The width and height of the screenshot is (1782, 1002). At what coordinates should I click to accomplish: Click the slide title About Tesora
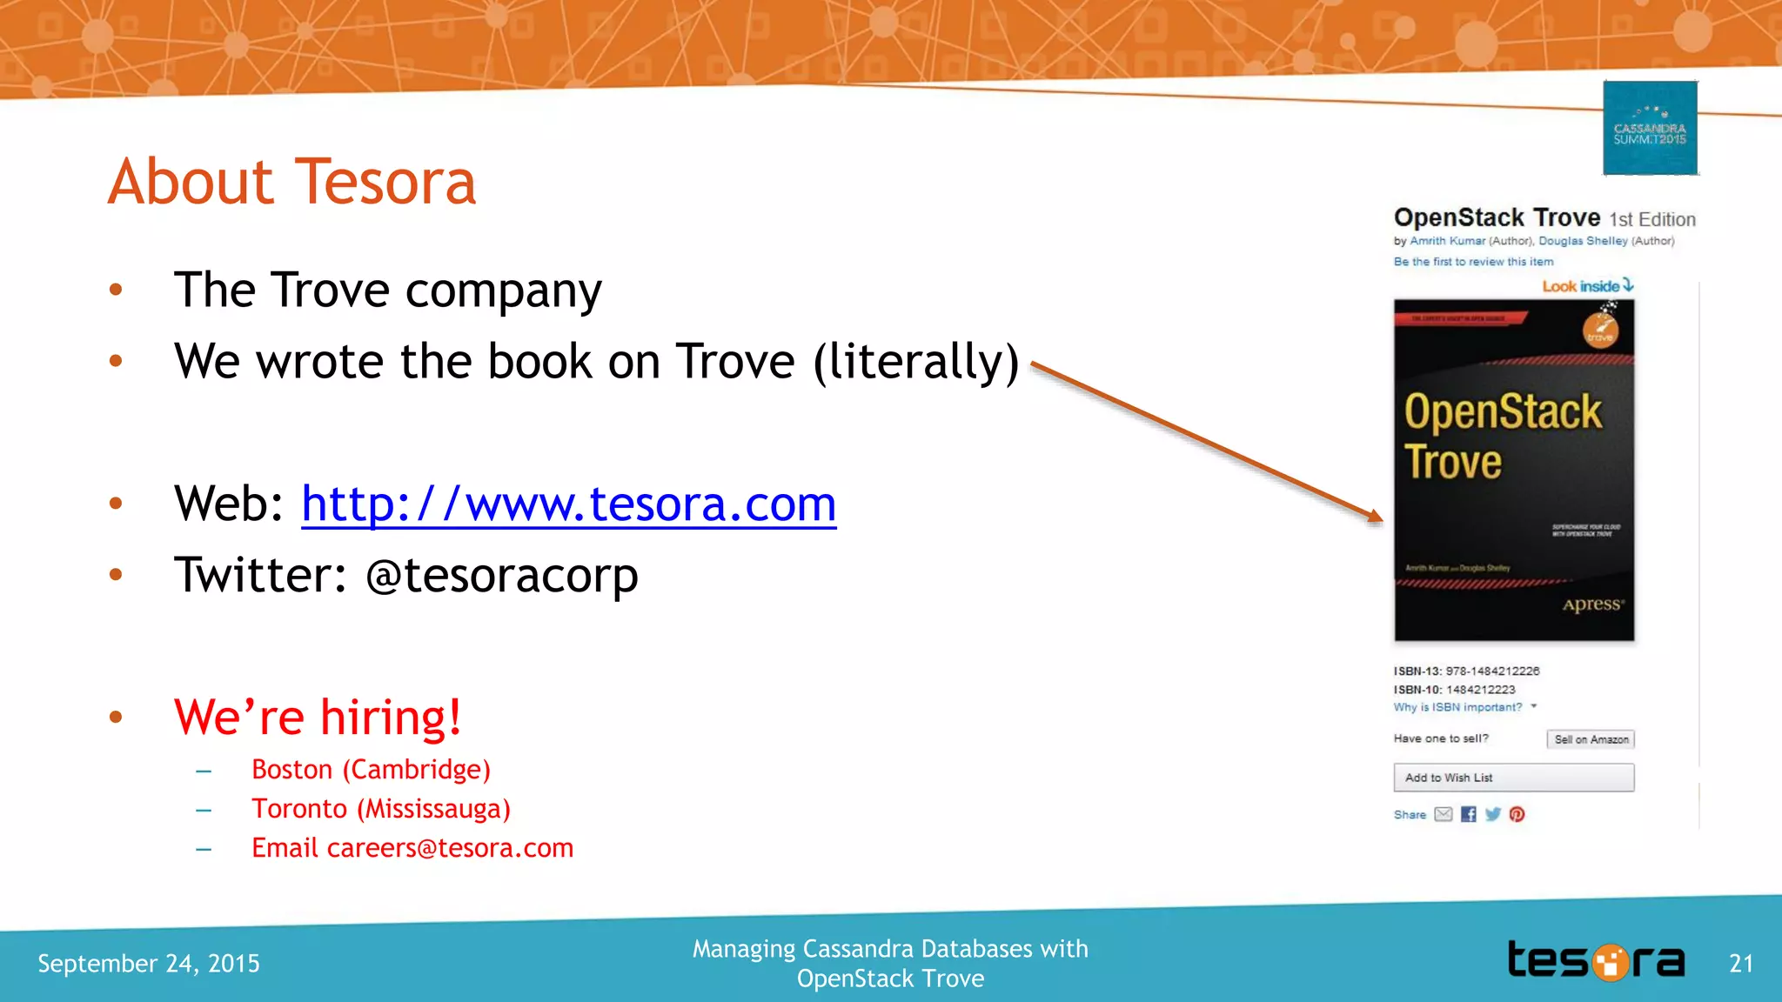click(292, 182)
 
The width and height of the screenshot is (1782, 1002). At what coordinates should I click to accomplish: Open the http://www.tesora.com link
click(568, 504)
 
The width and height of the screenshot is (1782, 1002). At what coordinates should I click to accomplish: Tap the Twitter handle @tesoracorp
click(502, 575)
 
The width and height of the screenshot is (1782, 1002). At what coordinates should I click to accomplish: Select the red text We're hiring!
click(318, 718)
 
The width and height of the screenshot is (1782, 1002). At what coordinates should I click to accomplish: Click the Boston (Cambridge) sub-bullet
click(371, 770)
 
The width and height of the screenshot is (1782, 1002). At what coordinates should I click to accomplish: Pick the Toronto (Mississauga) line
click(381, 809)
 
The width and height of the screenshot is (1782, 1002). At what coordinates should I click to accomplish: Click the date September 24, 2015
click(149, 964)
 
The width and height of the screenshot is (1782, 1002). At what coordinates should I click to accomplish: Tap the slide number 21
click(1740, 964)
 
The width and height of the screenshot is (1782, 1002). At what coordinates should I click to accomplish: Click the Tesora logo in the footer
click(1596, 961)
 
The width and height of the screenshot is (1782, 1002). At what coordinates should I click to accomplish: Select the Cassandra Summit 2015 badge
click(1650, 128)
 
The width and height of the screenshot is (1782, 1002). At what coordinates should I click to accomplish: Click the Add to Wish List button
click(1513, 778)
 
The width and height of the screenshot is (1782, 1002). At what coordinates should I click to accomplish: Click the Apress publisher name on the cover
click(1591, 605)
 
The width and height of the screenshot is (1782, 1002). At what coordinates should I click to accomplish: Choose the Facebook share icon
click(1469, 814)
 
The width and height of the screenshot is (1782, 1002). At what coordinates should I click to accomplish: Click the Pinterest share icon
click(1517, 814)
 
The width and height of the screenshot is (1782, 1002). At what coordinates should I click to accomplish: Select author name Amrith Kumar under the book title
click(1447, 241)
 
